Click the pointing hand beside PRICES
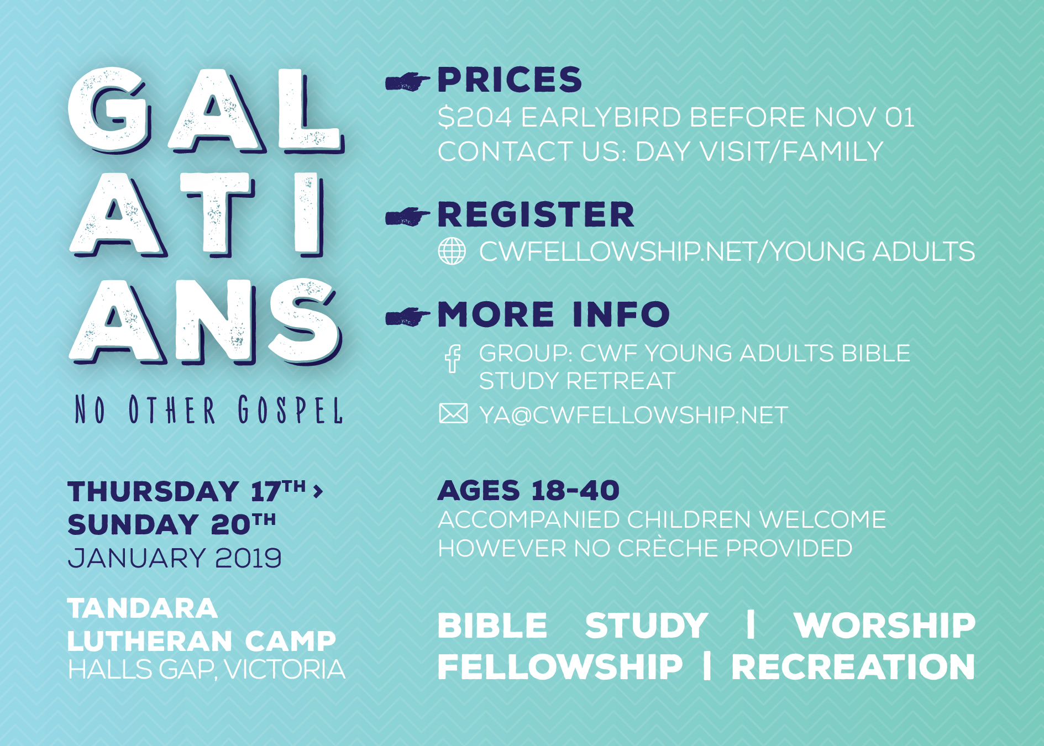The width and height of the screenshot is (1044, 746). pyautogui.click(x=407, y=82)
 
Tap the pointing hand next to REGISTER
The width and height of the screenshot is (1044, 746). pyautogui.click(x=407, y=217)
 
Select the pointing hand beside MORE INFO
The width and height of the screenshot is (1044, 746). pyautogui.click(x=407, y=317)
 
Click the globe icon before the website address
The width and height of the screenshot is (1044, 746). pyautogui.click(x=452, y=251)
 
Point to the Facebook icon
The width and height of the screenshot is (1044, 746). pyautogui.click(x=453, y=358)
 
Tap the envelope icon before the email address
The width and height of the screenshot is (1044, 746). pyautogui.click(x=453, y=414)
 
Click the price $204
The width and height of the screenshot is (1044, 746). pyautogui.click(x=475, y=118)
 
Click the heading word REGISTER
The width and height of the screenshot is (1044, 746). pyautogui.click(x=536, y=214)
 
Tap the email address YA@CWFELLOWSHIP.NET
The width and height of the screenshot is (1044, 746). pyautogui.click(x=633, y=415)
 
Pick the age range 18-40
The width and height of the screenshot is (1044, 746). pyautogui.click(x=575, y=491)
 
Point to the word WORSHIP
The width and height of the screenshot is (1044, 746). pyautogui.click(x=885, y=626)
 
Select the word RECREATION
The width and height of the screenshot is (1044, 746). pyautogui.click(x=853, y=667)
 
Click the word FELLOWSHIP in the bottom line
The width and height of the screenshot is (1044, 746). pyautogui.click(x=560, y=667)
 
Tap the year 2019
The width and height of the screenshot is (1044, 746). pyautogui.click(x=248, y=558)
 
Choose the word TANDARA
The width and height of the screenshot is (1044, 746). pyautogui.click(x=143, y=608)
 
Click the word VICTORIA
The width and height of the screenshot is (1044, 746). pyautogui.click(x=285, y=669)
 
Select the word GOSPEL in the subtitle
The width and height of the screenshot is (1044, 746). pyautogui.click(x=291, y=410)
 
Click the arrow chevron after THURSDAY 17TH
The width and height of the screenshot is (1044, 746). pyautogui.click(x=318, y=491)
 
